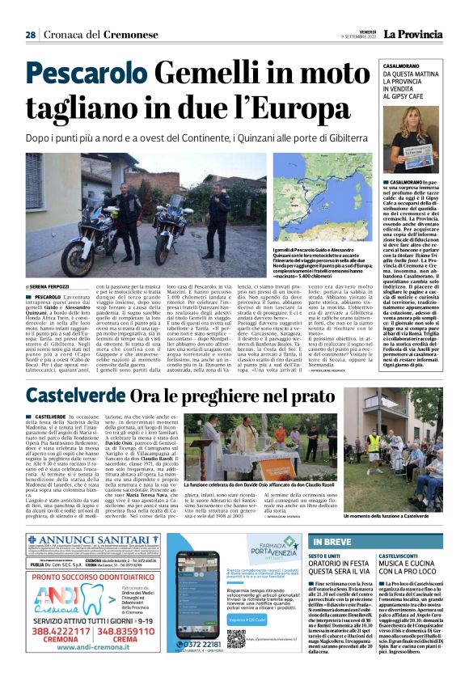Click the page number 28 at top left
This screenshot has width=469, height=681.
point(30,35)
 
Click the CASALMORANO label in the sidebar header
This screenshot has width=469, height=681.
point(412,64)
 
